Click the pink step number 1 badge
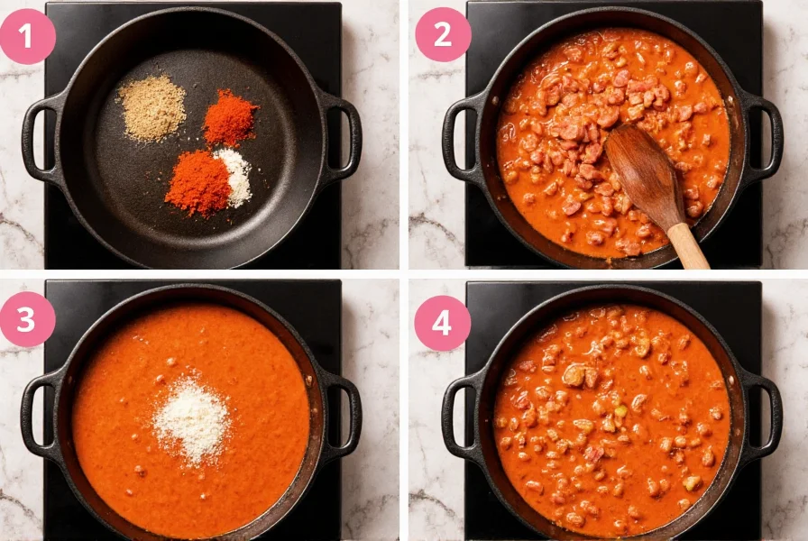click(x=27, y=36)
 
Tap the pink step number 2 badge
click(x=442, y=34)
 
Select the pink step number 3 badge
click(x=27, y=319)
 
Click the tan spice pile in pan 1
click(x=152, y=108)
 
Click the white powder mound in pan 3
click(x=191, y=420)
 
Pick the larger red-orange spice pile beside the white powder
click(x=197, y=183)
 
